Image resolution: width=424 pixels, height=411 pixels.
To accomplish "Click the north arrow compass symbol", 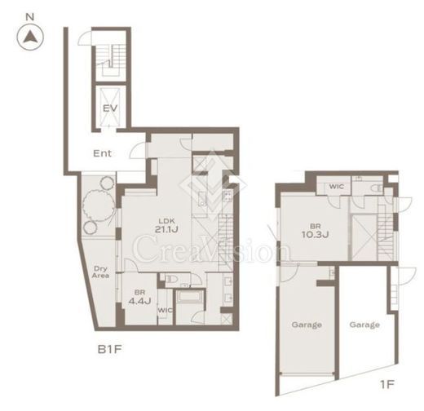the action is (30, 38).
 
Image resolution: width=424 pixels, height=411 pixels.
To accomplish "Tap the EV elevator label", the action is (110, 108).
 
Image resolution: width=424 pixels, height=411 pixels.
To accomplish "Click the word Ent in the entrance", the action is (102, 153).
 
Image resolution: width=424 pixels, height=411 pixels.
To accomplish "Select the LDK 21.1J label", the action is (166, 226).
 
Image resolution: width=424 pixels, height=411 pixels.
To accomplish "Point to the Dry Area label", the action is (100, 272).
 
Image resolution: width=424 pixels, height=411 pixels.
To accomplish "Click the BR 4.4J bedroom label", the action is (139, 297).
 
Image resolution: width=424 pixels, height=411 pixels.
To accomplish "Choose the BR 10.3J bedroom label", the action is (316, 231).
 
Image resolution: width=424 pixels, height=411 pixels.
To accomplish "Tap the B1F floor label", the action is (109, 349).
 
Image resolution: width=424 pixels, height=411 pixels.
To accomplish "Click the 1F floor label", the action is (386, 384).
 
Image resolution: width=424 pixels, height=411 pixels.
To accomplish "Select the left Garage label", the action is (307, 325).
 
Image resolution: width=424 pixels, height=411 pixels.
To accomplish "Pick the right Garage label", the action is (364, 325).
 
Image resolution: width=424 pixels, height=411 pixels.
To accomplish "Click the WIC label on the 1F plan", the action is (336, 187).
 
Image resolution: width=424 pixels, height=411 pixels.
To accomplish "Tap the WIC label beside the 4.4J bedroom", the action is (165, 310).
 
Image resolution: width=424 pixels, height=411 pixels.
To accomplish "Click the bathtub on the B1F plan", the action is (190, 296).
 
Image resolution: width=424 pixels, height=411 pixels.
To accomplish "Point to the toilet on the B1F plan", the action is (171, 279).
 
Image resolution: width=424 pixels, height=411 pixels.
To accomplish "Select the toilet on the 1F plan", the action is (377, 188).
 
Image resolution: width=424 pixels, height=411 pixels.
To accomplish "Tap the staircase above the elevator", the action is (112, 60).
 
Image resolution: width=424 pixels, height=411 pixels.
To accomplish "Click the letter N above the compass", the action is (30, 17).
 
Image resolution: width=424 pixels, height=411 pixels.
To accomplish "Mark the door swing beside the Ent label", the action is (138, 151).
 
